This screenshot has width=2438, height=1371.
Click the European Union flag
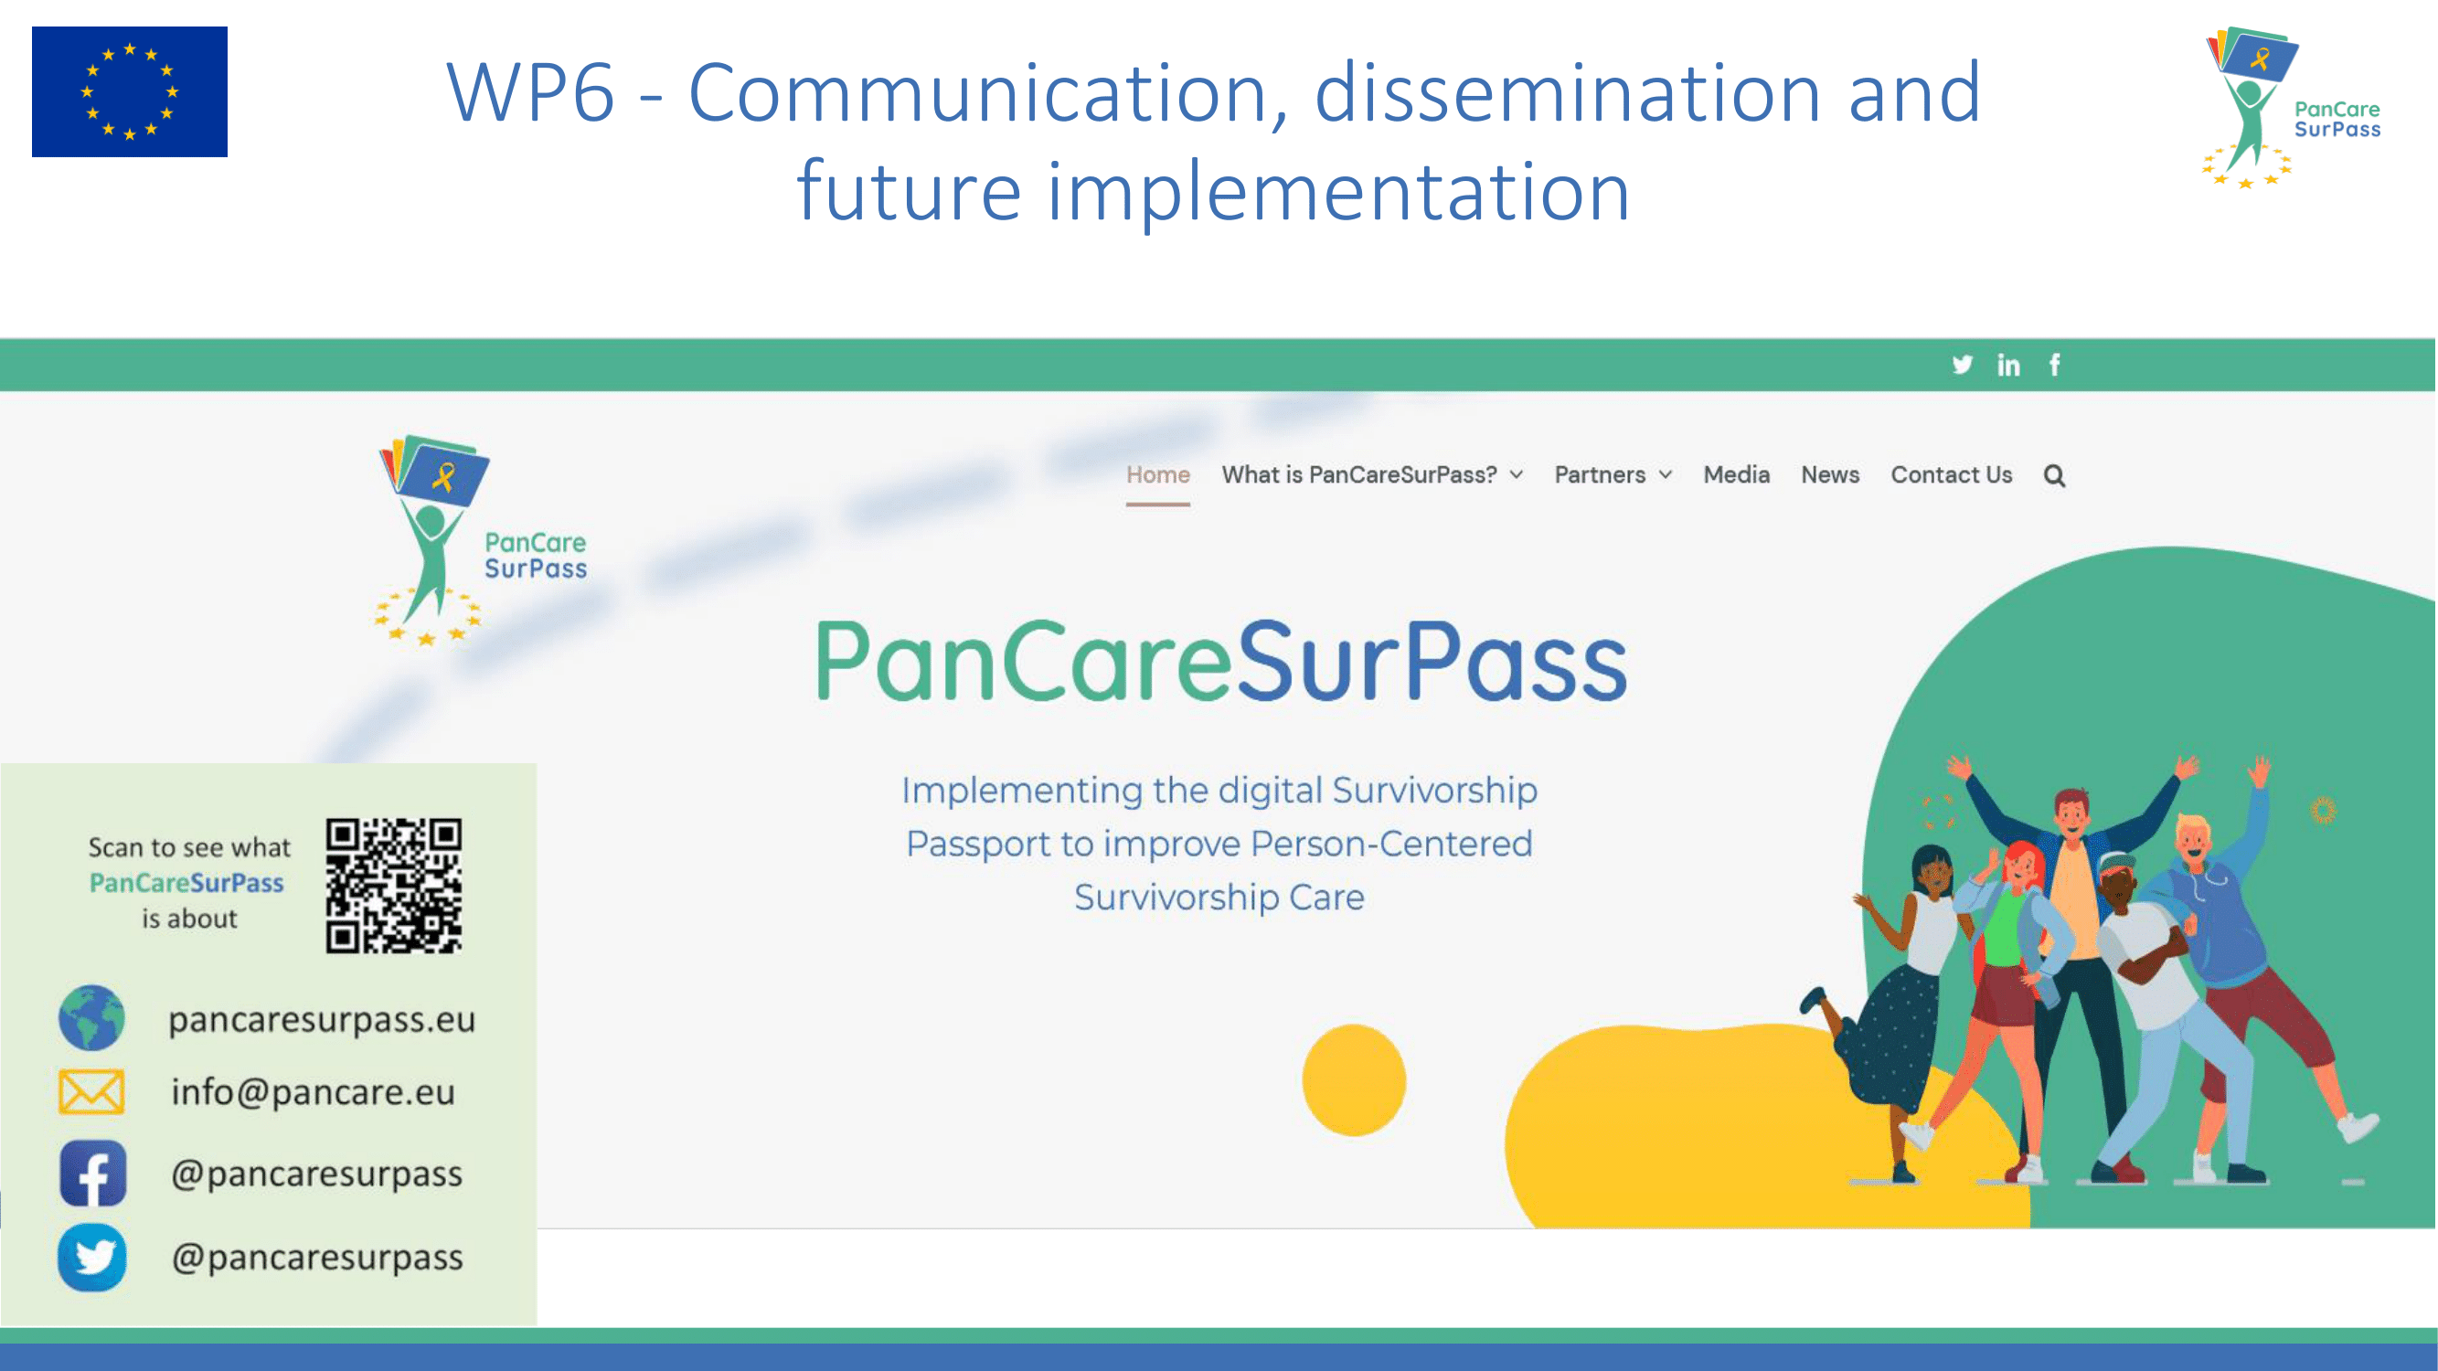click(130, 91)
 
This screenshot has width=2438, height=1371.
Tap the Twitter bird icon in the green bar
click(1962, 365)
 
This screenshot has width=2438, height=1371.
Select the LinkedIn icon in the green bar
click(2008, 365)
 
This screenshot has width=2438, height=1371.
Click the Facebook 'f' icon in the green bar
click(2055, 365)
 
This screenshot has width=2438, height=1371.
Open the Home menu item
click(1157, 475)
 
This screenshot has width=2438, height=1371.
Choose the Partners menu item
click(1613, 475)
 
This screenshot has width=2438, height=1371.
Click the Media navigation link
click(1736, 475)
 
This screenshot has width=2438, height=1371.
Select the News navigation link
click(1829, 475)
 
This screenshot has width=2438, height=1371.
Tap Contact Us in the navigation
click(1951, 475)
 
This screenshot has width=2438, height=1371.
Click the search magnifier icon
click(2054, 476)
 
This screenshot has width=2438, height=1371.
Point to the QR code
click(394, 886)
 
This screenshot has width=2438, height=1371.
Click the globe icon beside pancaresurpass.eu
click(91, 1018)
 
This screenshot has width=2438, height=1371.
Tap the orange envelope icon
click(90, 1092)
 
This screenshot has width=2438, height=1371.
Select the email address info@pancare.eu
click(313, 1092)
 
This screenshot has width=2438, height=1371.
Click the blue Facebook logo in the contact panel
click(92, 1174)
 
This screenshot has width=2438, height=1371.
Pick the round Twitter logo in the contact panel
click(91, 1258)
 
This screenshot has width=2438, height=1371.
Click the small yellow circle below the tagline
click(1354, 1079)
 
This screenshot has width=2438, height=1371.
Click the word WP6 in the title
click(531, 92)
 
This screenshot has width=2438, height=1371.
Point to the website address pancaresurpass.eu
click(322, 1020)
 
